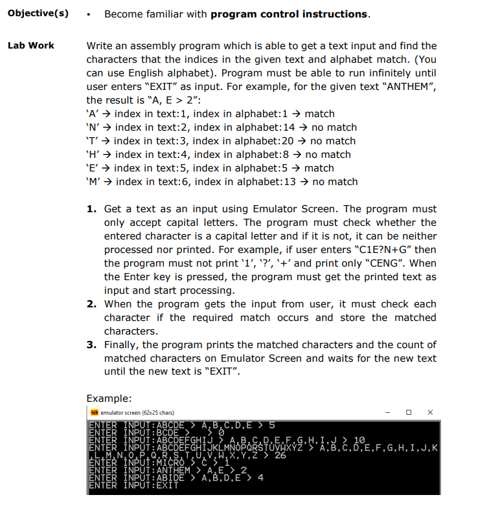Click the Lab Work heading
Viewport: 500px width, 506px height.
[x=30, y=45]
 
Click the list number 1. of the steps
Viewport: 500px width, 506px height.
[x=91, y=209]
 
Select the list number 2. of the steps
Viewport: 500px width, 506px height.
[x=91, y=304]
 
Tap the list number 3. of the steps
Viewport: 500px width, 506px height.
[x=91, y=345]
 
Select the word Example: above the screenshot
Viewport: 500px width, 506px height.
[x=109, y=398]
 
